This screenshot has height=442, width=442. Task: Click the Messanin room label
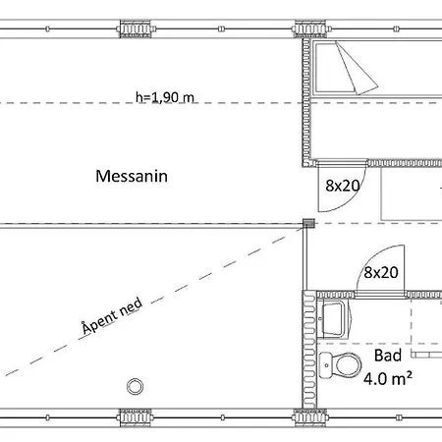132,176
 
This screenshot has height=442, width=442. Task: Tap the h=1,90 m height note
165,97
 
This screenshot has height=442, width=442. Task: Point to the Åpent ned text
112,315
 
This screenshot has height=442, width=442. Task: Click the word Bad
388,356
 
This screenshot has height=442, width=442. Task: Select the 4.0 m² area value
388,378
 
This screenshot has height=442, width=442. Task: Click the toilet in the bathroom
341,364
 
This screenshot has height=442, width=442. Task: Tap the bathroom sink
334,320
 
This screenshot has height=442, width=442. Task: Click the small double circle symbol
135,387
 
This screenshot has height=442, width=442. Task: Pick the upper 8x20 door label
343,186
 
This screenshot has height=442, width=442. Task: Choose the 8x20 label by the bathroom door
381,272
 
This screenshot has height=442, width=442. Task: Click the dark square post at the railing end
308,223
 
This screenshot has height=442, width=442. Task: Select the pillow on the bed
331,68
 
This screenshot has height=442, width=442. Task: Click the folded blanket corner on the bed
357,69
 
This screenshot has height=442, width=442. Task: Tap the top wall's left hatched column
136,28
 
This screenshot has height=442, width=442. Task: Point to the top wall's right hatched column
310,28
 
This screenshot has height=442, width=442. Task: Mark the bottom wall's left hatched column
136,417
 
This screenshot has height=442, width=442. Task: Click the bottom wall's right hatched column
309,417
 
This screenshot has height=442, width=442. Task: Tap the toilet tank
325,364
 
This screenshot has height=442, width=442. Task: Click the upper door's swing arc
351,199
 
